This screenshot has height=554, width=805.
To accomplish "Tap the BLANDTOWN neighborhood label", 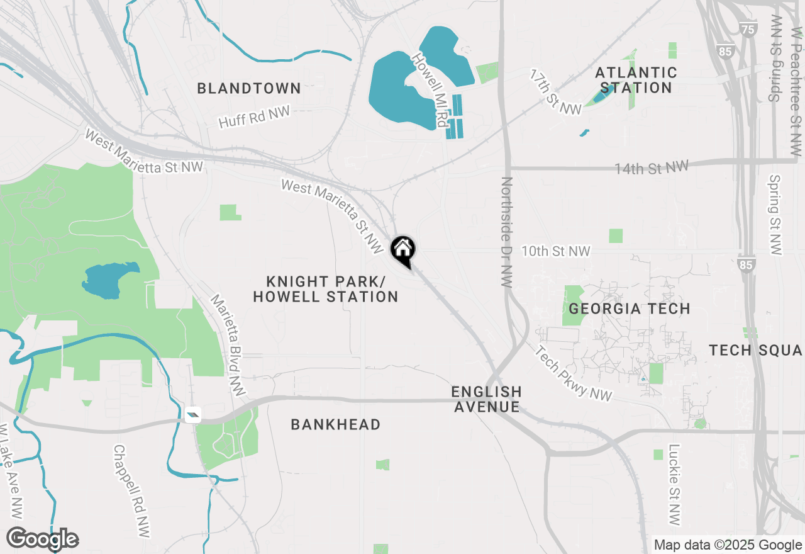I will point(249,88).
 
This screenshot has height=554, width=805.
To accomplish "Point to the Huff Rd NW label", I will point(254,117).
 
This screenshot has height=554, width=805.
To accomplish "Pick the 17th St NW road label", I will point(555,93).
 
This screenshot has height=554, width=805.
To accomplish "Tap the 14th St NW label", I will point(652,167).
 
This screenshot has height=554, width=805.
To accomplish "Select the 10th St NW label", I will point(555,251).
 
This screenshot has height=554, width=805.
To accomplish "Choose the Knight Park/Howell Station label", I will point(326,289).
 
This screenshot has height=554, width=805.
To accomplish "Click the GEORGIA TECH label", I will point(630,308).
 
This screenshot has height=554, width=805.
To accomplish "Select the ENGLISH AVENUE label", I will point(487,399).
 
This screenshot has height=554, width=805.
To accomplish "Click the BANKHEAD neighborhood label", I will point(336,425).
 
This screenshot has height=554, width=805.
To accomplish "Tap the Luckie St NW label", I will point(674,485).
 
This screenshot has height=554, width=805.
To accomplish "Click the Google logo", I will point(43,539).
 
